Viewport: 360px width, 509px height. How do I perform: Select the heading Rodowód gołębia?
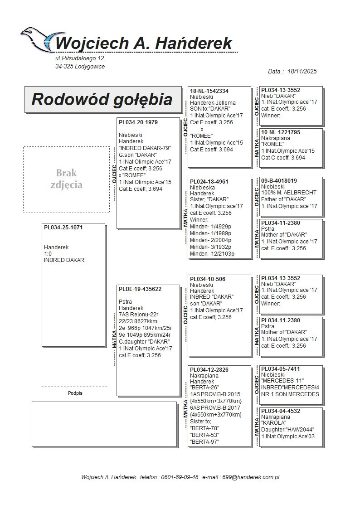(x=102, y=99)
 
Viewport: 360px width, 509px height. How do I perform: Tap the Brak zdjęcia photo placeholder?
(x=66, y=179)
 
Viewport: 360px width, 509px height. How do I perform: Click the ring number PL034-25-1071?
(x=63, y=227)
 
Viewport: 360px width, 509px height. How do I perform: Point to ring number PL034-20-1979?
(x=138, y=122)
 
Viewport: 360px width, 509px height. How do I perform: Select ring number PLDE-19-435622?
(x=140, y=289)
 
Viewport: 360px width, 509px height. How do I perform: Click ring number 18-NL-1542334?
(x=209, y=91)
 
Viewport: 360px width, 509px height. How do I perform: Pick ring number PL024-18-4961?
(x=209, y=182)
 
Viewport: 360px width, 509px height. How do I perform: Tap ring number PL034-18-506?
(x=208, y=279)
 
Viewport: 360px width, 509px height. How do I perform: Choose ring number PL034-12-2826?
(x=209, y=370)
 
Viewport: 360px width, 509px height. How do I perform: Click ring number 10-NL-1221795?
(x=281, y=132)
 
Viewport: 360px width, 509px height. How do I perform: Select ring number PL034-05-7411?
(x=281, y=369)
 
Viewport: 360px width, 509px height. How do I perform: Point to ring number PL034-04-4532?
(x=281, y=411)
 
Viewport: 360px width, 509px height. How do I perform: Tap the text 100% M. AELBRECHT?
(x=289, y=193)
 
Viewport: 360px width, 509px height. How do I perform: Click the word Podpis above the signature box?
(x=75, y=393)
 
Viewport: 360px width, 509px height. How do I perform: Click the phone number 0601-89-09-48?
(x=182, y=477)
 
